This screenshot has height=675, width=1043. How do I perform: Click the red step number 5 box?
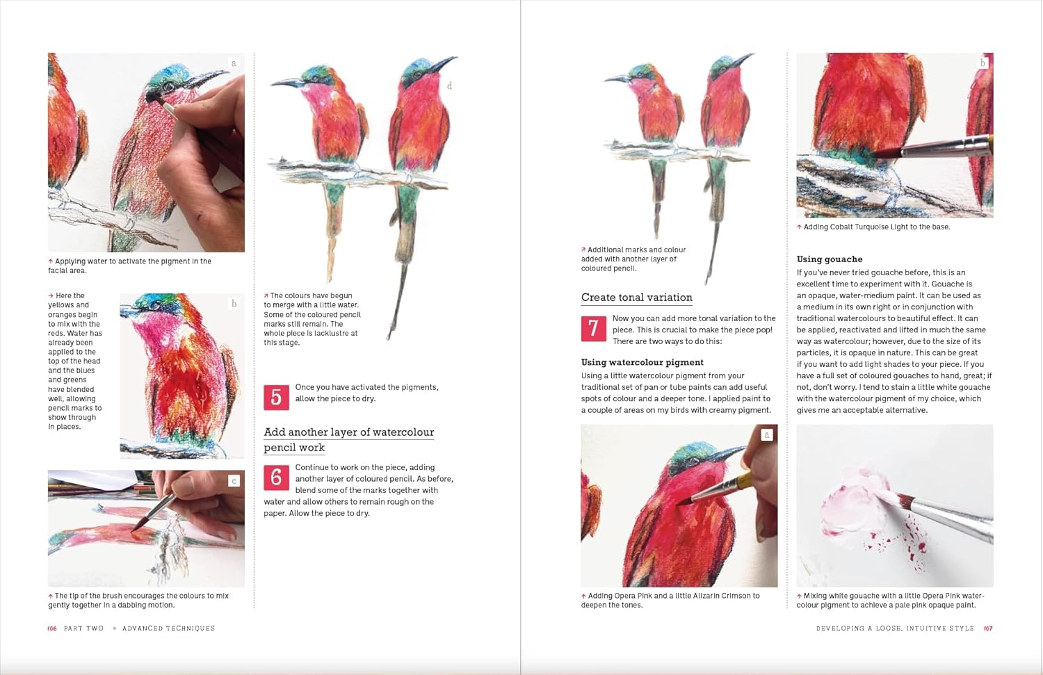point(276,398)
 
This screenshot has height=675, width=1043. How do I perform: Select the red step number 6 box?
point(276,478)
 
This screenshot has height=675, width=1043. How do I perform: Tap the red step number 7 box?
point(593,328)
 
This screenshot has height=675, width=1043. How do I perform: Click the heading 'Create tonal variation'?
point(636,298)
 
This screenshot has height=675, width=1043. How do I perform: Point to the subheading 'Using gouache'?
point(829,259)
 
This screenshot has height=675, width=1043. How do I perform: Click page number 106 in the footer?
point(52,628)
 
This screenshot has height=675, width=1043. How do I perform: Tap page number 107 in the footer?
point(988,628)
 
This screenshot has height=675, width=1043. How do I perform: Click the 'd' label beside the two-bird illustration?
point(449,86)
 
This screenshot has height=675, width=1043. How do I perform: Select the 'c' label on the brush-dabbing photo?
point(234,480)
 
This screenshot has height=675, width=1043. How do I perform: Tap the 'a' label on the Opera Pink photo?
point(767,435)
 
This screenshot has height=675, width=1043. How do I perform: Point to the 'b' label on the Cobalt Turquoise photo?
point(983,63)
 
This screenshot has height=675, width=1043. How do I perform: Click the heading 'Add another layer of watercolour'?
point(348,432)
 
